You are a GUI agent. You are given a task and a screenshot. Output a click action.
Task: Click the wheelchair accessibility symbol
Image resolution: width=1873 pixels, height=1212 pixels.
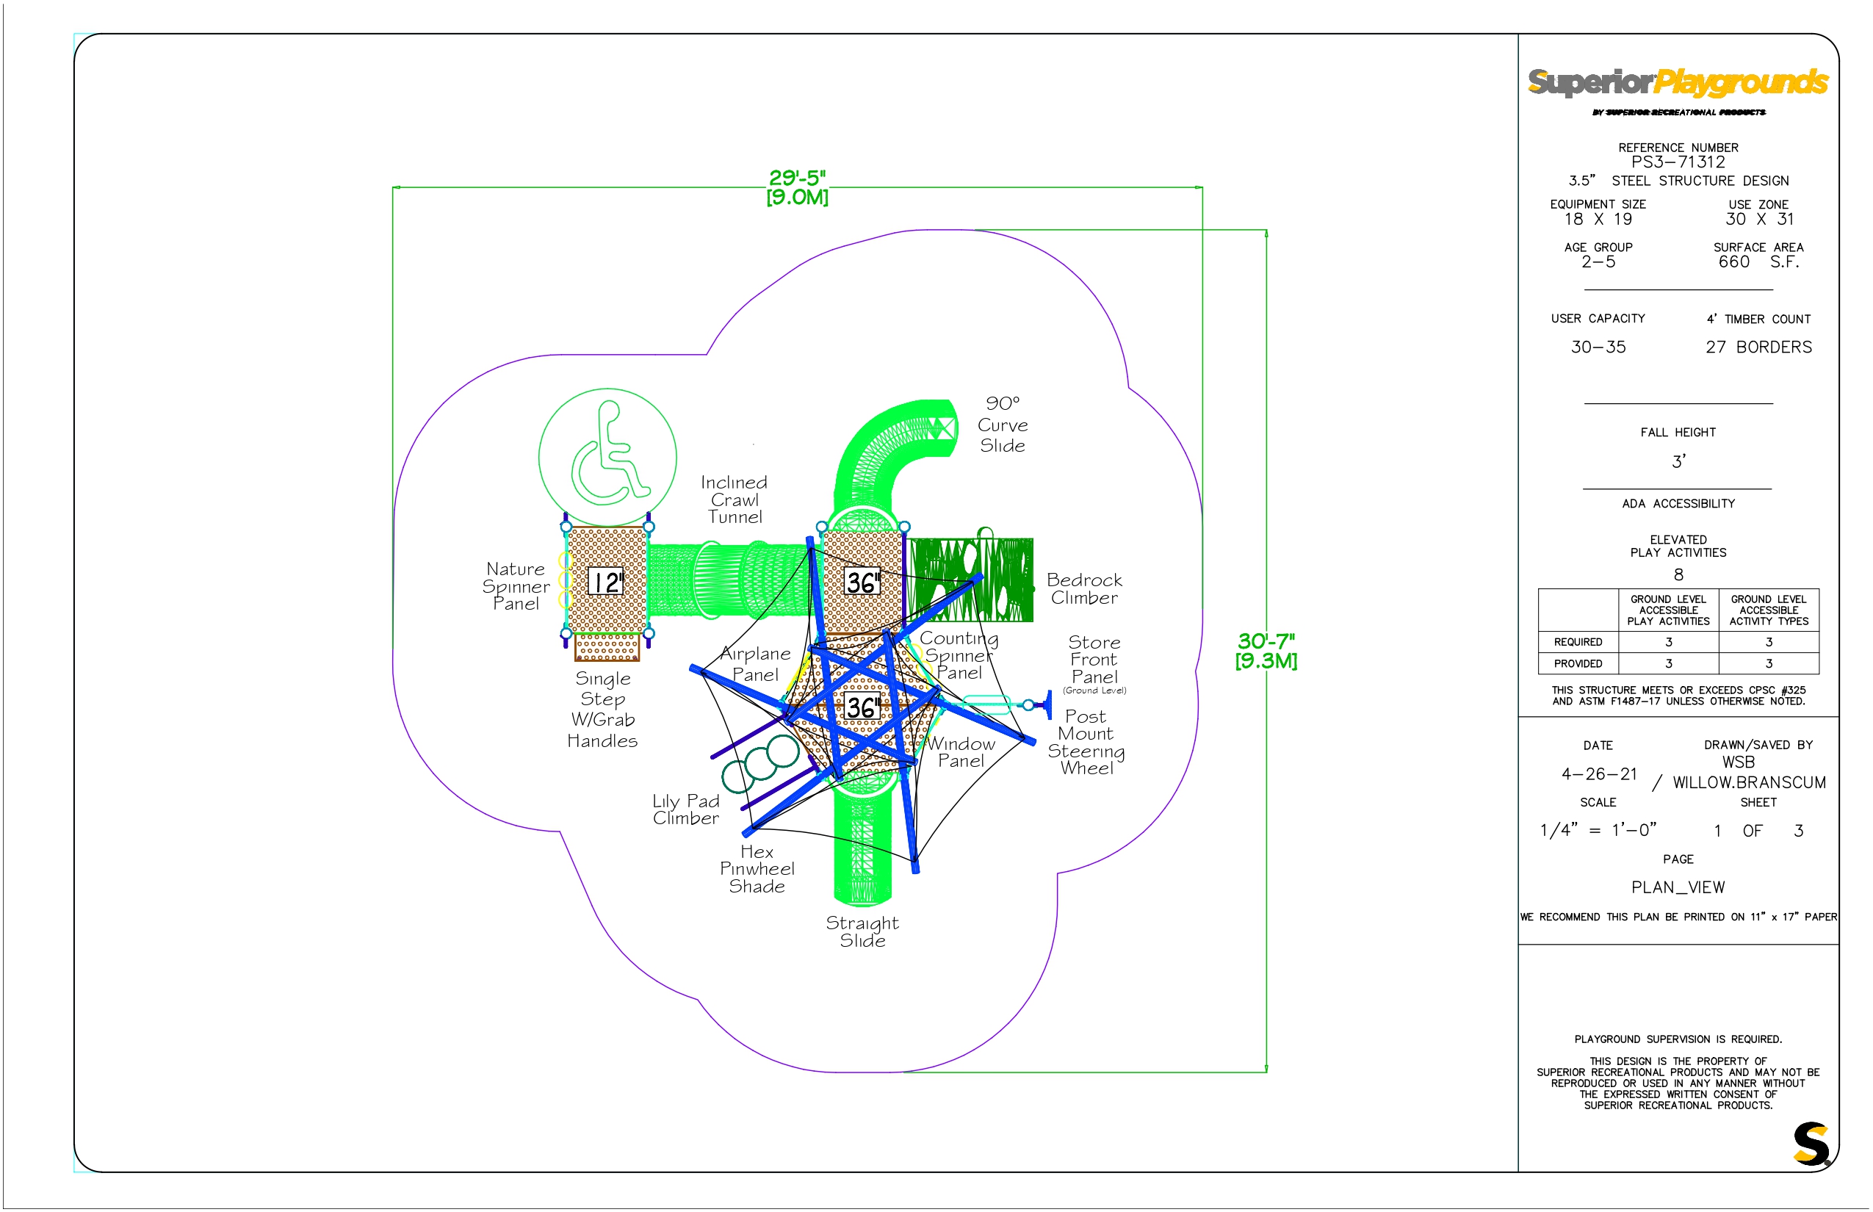click(607, 457)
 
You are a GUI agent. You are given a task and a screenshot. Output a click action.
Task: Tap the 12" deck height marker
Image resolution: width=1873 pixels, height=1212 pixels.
click(606, 582)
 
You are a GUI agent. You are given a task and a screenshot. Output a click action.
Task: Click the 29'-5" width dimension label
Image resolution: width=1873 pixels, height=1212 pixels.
click(797, 187)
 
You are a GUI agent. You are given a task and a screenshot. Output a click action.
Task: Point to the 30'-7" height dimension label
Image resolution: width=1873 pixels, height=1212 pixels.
click(1266, 651)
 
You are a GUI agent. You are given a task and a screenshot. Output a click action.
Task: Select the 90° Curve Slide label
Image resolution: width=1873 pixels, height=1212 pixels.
click(1003, 425)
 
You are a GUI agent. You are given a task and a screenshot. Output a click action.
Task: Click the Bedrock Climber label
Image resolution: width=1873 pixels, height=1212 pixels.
click(1084, 588)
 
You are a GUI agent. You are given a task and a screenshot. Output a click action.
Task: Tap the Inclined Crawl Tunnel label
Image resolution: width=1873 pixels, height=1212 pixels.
click(735, 499)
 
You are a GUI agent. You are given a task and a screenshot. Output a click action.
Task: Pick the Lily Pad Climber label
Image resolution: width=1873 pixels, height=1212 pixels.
click(685, 809)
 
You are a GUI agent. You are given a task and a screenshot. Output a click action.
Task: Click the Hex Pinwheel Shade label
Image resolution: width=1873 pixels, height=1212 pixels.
click(757, 869)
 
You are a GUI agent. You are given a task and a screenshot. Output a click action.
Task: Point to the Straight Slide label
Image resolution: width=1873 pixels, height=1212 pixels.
click(862, 932)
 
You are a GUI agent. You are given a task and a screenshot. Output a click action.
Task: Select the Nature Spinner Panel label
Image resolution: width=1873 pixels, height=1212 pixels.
click(516, 586)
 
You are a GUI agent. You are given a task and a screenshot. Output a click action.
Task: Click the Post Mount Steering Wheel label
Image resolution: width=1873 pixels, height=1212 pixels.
click(1086, 742)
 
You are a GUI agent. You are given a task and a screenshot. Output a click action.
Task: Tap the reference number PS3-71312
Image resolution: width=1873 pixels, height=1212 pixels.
click(1678, 162)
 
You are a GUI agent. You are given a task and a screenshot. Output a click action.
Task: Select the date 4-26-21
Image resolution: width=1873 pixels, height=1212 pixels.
click(1599, 774)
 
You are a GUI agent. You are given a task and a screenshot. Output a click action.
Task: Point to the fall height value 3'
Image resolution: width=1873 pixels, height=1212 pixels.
click(1678, 461)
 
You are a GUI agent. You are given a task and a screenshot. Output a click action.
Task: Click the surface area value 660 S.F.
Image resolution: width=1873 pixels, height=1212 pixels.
click(1759, 262)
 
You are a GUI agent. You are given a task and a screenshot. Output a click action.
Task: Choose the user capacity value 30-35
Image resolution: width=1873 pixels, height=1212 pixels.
click(1598, 347)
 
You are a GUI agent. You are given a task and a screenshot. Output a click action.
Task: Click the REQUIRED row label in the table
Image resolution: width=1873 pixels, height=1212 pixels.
click(1578, 642)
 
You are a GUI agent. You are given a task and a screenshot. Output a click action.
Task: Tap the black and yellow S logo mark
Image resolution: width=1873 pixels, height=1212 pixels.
click(1811, 1144)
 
